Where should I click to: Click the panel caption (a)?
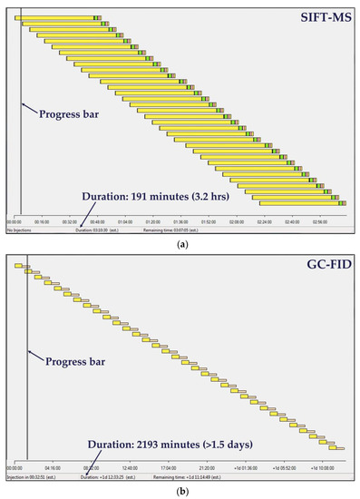(180, 240)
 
